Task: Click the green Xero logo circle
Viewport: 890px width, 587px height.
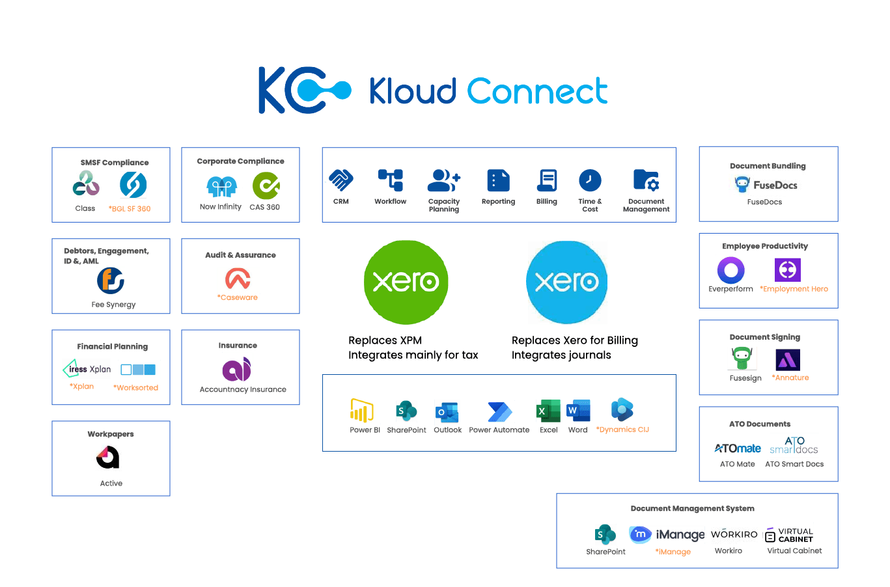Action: pyautogui.click(x=406, y=282)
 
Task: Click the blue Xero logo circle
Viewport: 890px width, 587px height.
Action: pyautogui.click(x=567, y=282)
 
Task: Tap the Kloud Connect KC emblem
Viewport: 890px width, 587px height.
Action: pyautogui.click(x=303, y=90)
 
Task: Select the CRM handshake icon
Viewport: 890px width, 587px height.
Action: pyautogui.click(x=341, y=180)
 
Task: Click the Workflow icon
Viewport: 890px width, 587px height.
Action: pyautogui.click(x=390, y=180)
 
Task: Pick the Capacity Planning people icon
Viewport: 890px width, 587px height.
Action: pyautogui.click(x=444, y=180)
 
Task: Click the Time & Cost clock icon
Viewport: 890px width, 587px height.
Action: pyautogui.click(x=590, y=180)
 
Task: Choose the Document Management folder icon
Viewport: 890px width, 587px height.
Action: pyautogui.click(x=646, y=180)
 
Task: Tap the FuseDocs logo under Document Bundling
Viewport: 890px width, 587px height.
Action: pyautogui.click(x=768, y=185)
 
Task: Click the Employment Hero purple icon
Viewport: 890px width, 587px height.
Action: pyautogui.click(x=787, y=269)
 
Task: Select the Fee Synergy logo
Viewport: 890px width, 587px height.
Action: pyautogui.click(x=111, y=281)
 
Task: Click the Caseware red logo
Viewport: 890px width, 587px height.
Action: pyautogui.click(x=238, y=280)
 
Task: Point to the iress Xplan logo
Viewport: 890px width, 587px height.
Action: pyautogui.click(x=87, y=369)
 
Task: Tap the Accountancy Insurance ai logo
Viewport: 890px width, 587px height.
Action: pyautogui.click(x=237, y=368)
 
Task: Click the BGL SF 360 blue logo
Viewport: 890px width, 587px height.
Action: pyautogui.click(x=133, y=185)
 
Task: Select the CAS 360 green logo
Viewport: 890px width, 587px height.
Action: pyautogui.click(x=266, y=185)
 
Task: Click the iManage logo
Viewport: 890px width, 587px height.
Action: pyautogui.click(x=667, y=534)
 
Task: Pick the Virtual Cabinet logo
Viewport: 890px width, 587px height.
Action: pyautogui.click(x=789, y=535)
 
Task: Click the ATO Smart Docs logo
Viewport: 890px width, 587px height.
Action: pyautogui.click(x=794, y=445)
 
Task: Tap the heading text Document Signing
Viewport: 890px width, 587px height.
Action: pyautogui.click(x=764, y=337)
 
